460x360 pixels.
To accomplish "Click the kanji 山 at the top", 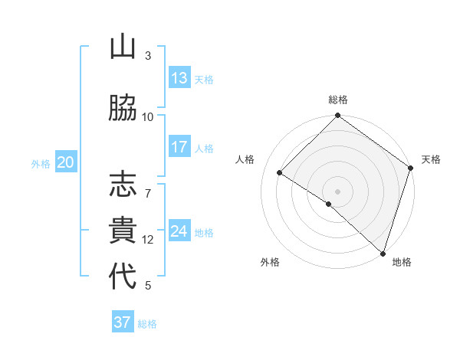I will (123, 47).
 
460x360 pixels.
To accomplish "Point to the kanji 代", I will (123, 277).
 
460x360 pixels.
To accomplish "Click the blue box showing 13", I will (179, 78).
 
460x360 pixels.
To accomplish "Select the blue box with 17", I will (179, 147).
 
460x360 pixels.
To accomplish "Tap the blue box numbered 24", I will (179, 231).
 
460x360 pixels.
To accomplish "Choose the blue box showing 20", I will (66, 162).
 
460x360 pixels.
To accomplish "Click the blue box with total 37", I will (123, 322).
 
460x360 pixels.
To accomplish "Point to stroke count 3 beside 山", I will (148, 55).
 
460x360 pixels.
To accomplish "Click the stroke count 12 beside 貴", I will (148, 239).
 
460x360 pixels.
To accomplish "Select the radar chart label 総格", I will (338, 100).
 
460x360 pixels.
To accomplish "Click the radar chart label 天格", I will (431, 159).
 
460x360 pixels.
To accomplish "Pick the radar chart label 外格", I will (270, 262).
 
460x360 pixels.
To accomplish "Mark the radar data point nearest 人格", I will (280, 172).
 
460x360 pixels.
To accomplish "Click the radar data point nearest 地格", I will (383, 252).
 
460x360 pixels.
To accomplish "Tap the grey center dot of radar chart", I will (337, 191).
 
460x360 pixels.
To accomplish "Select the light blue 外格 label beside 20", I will (40, 163).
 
